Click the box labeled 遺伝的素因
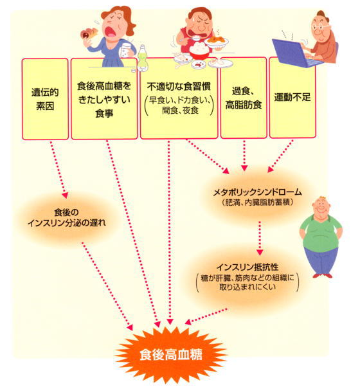45,99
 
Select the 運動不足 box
292,98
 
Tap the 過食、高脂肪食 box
244,98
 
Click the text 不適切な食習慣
179,87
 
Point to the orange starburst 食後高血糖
170,354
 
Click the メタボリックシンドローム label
257,192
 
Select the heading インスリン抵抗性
248,267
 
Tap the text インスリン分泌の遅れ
67,223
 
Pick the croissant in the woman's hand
89,33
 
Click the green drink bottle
142,59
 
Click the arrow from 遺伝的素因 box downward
59,170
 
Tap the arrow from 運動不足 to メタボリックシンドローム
280,156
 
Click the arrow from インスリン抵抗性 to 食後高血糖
206,316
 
